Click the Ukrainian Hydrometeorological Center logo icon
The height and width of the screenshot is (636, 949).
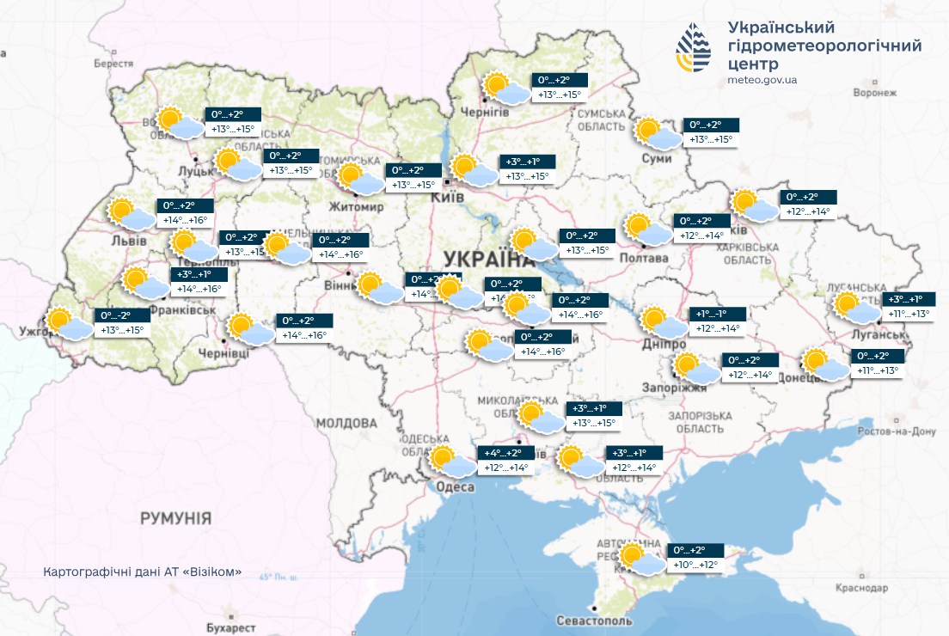pos(693,46)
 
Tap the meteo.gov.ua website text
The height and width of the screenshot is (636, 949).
pos(761,80)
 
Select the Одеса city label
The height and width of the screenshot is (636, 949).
pos(455,487)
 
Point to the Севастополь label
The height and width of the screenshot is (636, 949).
pos(594,621)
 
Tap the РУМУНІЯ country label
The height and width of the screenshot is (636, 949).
pos(175,518)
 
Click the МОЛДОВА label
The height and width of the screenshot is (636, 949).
pos(346,423)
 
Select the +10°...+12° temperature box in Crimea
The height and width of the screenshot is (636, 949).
pos(695,565)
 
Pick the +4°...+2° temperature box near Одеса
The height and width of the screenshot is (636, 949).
pos(504,453)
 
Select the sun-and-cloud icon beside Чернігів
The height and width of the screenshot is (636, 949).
pos(506,88)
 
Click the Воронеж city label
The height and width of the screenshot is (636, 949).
pos(875,92)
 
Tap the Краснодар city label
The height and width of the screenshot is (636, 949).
pos(861,588)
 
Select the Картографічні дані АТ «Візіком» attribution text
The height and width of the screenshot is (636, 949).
pos(142,572)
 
